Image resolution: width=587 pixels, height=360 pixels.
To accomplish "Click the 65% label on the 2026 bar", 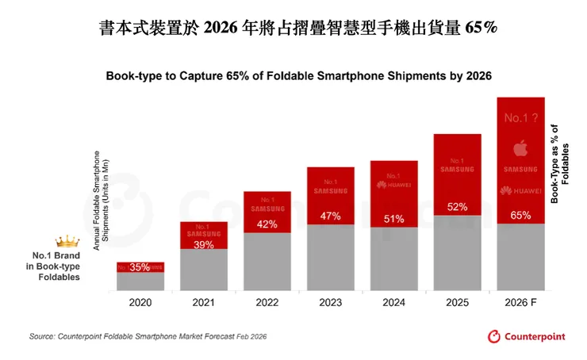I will (521, 216).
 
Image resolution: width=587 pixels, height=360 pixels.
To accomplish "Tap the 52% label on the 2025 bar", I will (458, 207).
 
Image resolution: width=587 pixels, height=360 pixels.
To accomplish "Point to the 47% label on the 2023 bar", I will (331, 216).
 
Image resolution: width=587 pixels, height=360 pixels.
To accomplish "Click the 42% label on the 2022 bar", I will (267, 224).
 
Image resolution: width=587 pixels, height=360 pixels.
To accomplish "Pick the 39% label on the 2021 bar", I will (204, 245).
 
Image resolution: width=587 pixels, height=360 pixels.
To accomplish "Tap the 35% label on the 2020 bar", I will (140, 268).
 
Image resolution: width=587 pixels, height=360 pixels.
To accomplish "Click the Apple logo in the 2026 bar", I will (521, 148).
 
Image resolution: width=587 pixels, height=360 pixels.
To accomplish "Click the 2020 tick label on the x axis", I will (140, 303).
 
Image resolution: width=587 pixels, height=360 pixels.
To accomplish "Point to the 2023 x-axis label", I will (331, 303).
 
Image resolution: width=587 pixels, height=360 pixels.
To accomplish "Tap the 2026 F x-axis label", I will (521, 303).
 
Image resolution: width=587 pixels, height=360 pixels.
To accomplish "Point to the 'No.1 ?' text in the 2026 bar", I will (521, 118).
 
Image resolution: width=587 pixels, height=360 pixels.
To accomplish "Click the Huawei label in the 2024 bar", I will (394, 187).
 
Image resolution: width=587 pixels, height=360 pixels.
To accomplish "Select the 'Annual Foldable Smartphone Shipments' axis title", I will (100, 200).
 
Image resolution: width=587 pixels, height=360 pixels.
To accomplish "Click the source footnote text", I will (148, 337).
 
